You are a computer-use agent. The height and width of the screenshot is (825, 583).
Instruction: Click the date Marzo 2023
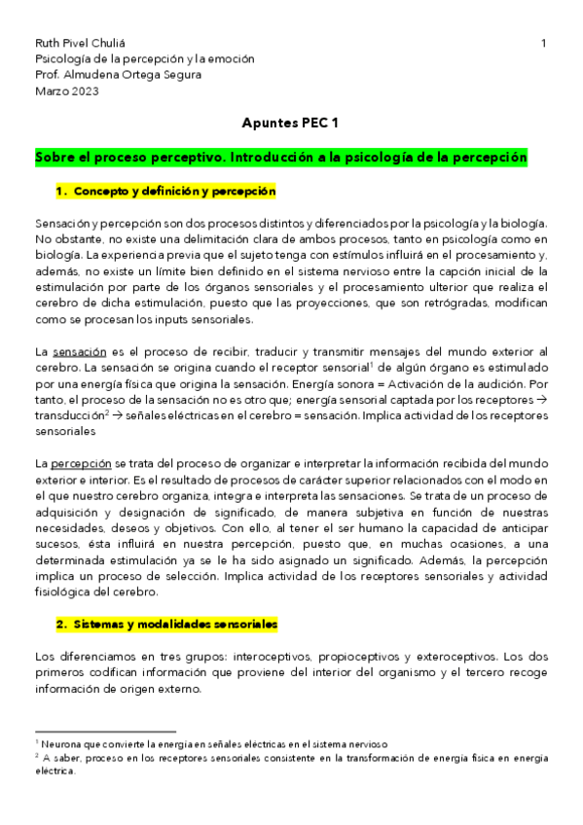66,91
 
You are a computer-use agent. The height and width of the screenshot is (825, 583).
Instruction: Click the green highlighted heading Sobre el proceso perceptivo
280,157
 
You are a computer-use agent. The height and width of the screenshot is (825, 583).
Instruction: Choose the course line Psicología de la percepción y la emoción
144,60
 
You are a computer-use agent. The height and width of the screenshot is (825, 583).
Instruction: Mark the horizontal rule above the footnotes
104,730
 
